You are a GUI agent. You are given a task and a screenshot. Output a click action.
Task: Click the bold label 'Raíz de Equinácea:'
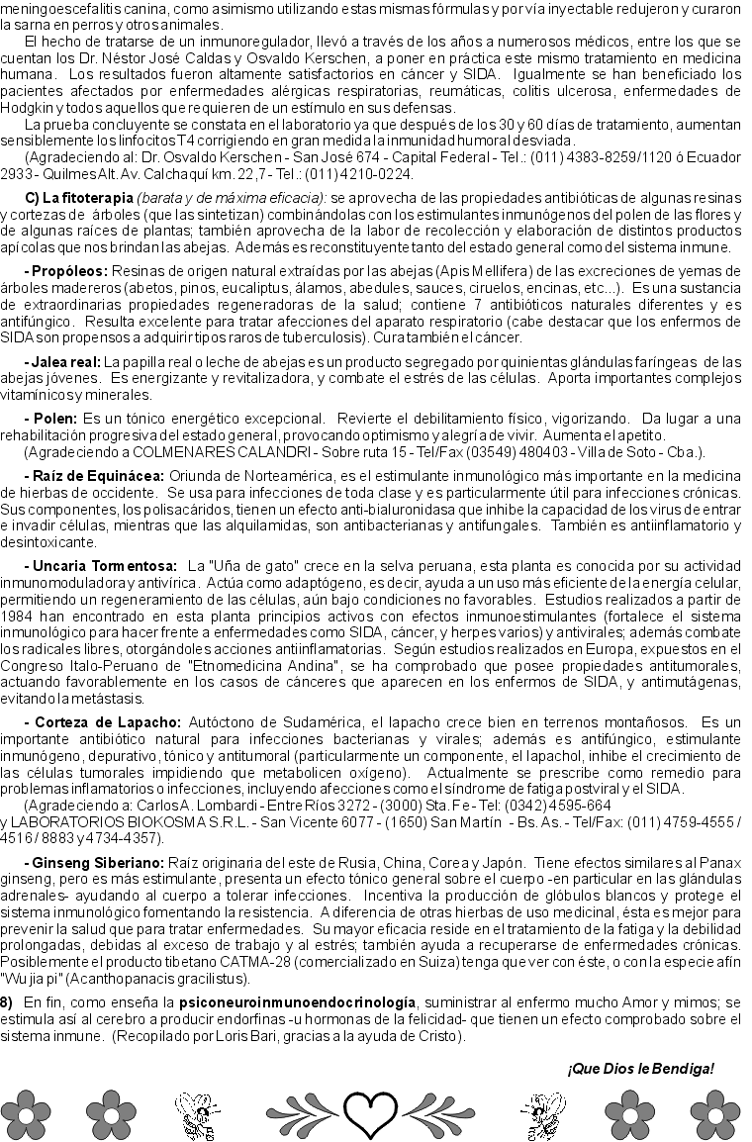(97, 476)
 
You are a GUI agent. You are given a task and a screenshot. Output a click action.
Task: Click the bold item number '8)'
(7, 1002)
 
